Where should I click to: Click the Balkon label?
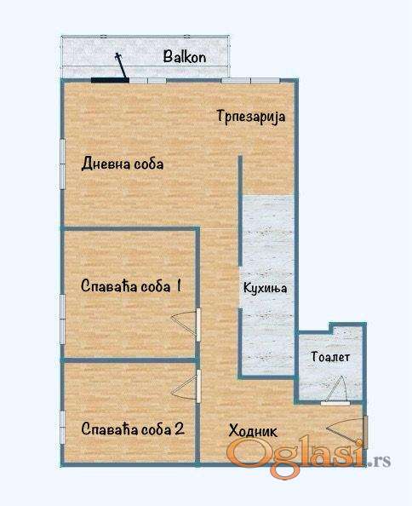[185, 57]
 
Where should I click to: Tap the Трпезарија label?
[251, 116]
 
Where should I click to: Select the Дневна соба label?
[123, 164]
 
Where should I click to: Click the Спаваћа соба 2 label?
[133, 428]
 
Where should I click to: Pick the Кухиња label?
[265, 288]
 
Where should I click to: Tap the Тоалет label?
[330, 357]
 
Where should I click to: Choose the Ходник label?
[253, 431]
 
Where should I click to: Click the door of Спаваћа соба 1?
[198, 325]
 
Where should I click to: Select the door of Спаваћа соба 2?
[198, 386]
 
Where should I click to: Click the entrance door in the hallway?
[365, 433]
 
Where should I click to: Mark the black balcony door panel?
[110, 80]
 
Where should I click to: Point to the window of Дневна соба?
[62, 164]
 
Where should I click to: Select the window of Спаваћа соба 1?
[62, 319]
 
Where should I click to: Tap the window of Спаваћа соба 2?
[62, 427]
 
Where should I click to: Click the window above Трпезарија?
[250, 80]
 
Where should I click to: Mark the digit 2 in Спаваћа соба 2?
[180, 428]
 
